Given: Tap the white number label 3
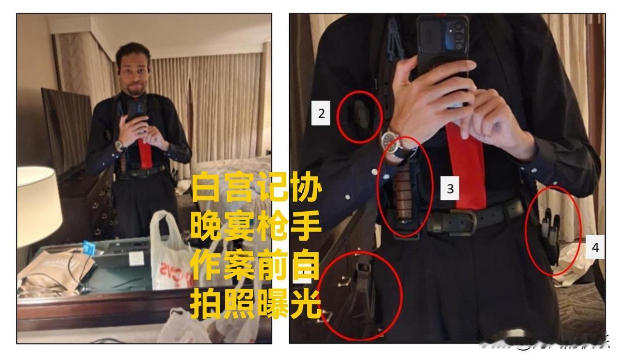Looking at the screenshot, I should click(450, 188).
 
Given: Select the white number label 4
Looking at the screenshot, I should click(594, 248).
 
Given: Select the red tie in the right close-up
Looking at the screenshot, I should click(466, 165).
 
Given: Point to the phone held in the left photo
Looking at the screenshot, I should click(136, 109).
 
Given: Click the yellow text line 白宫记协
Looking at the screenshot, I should click(256, 189).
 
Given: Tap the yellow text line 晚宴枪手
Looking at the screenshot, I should click(256, 227).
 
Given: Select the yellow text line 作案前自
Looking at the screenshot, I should click(256, 266).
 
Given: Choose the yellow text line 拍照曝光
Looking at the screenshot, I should click(256, 304).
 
